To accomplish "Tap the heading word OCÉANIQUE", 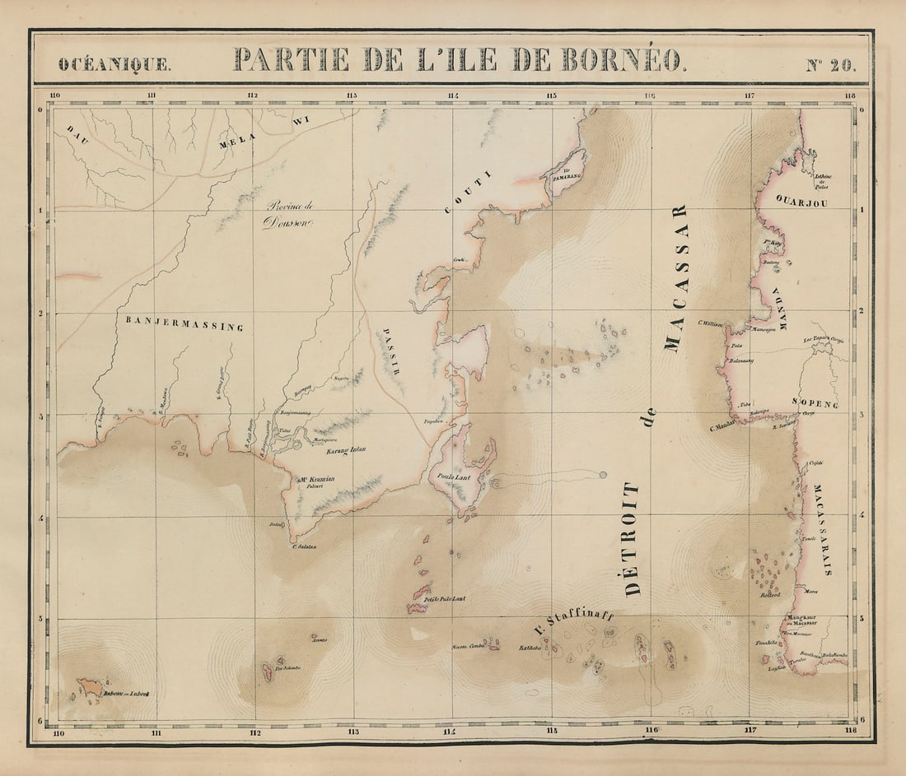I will pos(115,64).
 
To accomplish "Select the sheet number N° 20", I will pos(830,65).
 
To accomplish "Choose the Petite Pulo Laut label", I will pos(445,598).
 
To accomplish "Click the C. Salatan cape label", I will pos(305,546).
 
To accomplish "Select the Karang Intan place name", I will pos(346,450).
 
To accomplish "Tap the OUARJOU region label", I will pos(801,202).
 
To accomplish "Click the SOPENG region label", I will pos(815,404).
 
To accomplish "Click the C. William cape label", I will pos(710,324).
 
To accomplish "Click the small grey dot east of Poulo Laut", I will pos(603,475).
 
